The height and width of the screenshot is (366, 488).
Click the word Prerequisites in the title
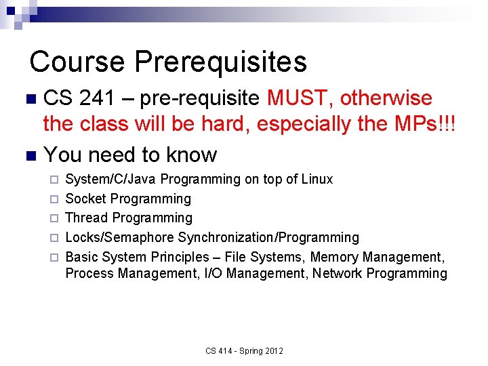[221, 62]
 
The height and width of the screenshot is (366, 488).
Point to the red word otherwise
[386, 98]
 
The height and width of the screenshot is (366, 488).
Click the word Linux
[316, 180]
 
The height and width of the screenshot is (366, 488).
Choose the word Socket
[85, 199]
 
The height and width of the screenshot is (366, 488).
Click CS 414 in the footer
[219, 351]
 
